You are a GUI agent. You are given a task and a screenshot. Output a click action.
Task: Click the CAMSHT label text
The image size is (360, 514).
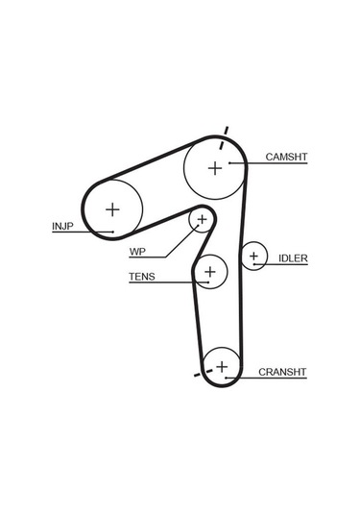(x=285, y=156)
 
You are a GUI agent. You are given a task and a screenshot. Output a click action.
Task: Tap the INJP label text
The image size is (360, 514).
(x=63, y=227)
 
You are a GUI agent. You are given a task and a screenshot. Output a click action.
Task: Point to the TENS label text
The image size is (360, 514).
(x=141, y=278)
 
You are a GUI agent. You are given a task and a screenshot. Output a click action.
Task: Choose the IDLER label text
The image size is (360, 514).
(x=292, y=258)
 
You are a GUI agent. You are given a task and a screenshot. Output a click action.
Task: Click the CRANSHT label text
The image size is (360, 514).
(x=281, y=372)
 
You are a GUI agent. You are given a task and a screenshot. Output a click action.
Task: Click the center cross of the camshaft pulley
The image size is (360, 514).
(x=215, y=168)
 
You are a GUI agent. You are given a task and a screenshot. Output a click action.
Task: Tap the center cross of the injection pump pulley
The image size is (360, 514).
(x=113, y=207)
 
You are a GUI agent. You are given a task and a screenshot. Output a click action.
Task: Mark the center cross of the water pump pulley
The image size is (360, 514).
(x=202, y=221)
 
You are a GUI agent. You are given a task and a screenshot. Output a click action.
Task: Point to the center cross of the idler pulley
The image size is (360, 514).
(x=253, y=257)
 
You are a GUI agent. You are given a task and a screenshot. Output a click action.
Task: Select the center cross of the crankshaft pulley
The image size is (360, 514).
(x=223, y=366)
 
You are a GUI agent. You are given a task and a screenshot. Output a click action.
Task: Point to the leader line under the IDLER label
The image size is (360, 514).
(x=286, y=265)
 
